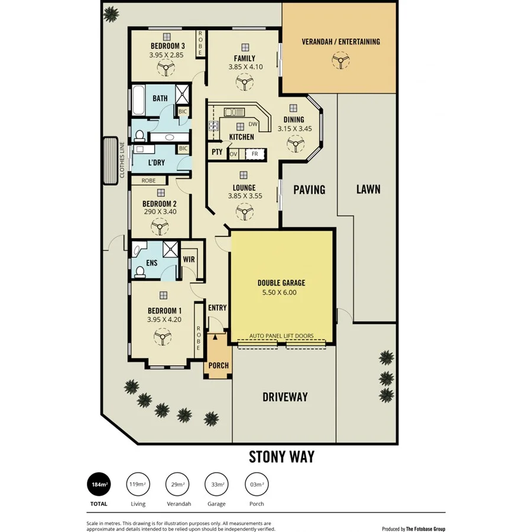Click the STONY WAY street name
tap(281, 457)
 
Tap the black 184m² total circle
tap(99, 485)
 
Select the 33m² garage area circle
tap(216, 485)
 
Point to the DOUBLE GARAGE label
tap(281, 283)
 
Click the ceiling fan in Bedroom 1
tap(162, 338)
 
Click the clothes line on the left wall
tap(110, 161)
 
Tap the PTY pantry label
tap(216, 153)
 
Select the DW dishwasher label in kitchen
tap(253, 124)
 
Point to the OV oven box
tap(233, 154)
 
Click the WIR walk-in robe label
tap(189, 259)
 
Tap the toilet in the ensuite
tap(140, 272)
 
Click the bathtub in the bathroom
tap(137, 101)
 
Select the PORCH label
tap(218, 365)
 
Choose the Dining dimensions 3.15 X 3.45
tap(294, 128)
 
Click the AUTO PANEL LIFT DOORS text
tap(281, 336)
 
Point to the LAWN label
tap(368, 190)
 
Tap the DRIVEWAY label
tap(285, 397)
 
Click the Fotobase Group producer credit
tap(413, 529)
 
